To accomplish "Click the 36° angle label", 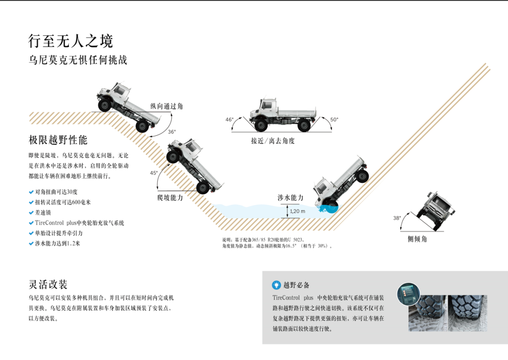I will (172, 132).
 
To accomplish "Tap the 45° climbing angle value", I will (154, 173).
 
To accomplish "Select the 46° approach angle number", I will (230, 120).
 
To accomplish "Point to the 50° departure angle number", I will (334, 120).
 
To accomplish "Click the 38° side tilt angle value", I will (397, 218).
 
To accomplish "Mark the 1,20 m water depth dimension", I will (297, 211).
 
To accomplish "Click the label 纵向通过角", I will (167, 107).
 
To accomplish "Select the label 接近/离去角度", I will (273, 141).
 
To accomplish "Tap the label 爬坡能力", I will (170, 198).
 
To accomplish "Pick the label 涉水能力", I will (290, 198).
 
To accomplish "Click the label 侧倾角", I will (418, 239).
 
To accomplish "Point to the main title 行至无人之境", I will (71, 41).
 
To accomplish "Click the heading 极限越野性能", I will (58, 140).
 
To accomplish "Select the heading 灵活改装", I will (48, 284).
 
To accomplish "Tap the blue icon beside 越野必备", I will (277, 285).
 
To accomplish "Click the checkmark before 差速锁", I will (31, 212).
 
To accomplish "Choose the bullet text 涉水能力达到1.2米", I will (57, 243).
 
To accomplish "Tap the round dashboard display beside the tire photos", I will (408, 294).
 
